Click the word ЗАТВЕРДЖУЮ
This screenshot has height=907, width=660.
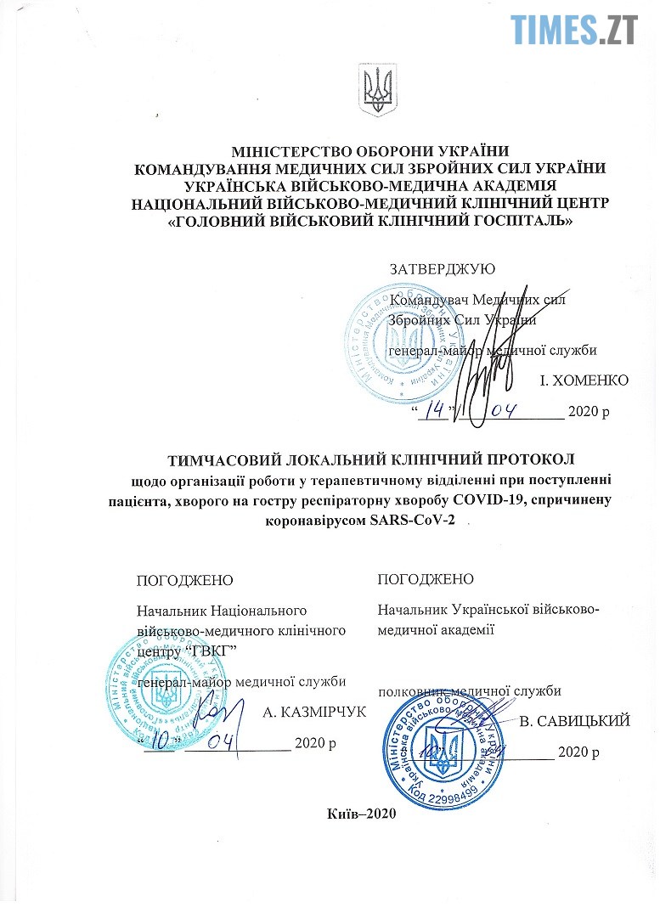click(x=442, y=269)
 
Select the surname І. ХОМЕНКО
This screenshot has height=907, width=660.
click(x=584, y=380)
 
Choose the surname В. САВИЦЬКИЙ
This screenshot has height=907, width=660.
click(x=574, y=722)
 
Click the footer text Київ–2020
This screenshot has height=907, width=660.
click(x=361, y=813)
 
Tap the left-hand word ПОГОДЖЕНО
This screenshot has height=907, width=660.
click(x=184, y=581)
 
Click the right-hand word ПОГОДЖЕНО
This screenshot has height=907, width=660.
click(x=426, y=579)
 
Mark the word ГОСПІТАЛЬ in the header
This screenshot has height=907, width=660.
click(x=520, y=223)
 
